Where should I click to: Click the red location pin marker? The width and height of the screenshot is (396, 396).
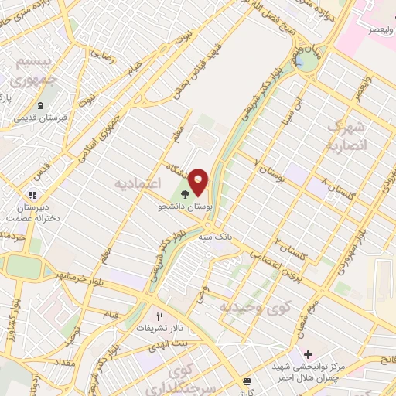[x=200, y=181]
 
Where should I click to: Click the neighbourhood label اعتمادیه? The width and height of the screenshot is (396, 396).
[x=136, y=183]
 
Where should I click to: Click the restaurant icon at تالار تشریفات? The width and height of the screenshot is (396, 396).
[x=161, y=316]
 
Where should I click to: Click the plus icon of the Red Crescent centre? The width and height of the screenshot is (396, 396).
[x=308, y=353]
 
